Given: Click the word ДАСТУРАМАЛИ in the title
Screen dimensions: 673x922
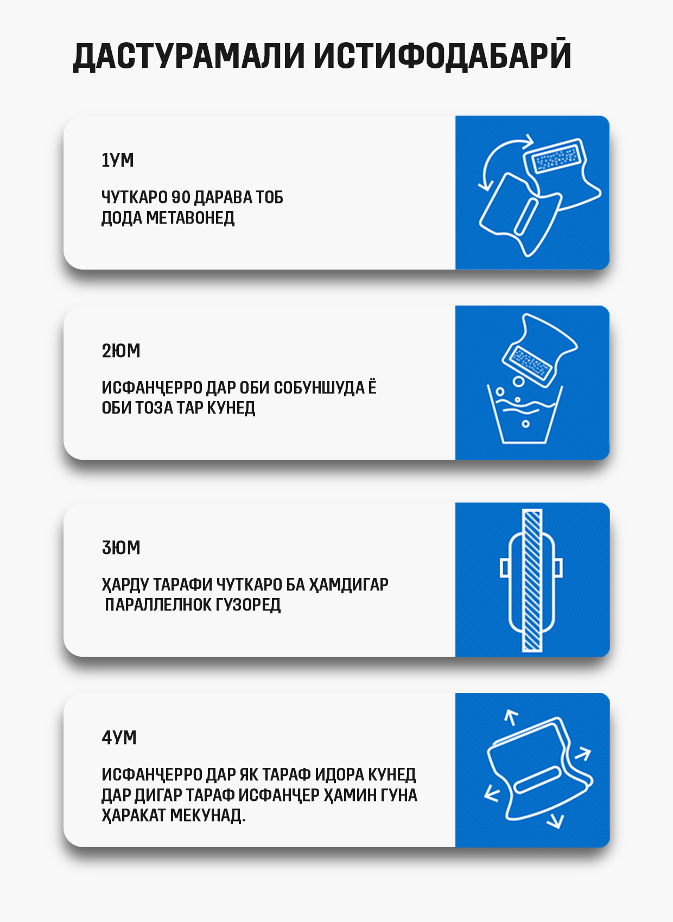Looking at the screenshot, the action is click(188, 55).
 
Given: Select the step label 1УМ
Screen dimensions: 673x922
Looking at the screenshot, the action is click(118, 160).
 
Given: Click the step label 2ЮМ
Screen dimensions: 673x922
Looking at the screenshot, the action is click(121, 351).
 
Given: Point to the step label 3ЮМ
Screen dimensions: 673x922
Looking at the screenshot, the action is click(121, 548).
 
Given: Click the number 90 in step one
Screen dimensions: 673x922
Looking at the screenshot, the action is click(180, 197).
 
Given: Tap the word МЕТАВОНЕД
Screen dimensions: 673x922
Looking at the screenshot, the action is click(191, 218).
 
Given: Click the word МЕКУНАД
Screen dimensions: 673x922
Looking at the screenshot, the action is click(208, 816).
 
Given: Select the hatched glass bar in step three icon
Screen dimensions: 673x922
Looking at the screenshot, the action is click(532, 580).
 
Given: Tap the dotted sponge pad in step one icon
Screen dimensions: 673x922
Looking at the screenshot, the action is click(557, 157).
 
